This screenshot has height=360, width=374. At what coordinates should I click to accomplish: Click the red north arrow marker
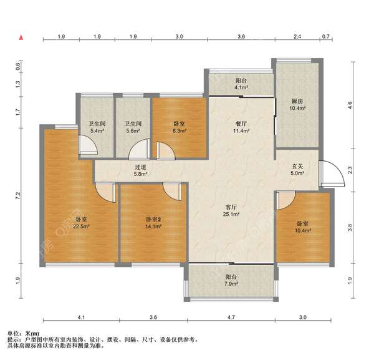21,37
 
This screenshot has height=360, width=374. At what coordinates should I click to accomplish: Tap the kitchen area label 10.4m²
297,108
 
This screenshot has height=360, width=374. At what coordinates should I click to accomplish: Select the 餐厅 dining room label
241,124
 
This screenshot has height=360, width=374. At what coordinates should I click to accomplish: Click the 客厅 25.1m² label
231,210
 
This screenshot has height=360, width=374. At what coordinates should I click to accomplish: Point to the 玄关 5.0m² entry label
297,170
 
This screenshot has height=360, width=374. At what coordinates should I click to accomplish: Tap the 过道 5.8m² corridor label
140,170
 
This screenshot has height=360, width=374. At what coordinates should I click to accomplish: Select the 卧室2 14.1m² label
153,223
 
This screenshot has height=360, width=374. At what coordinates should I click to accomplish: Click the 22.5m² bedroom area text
81,226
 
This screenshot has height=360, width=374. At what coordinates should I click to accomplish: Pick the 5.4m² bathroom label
97,131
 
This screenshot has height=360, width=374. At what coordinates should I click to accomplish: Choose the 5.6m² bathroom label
133,131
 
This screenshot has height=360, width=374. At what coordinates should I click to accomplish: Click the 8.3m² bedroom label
180,131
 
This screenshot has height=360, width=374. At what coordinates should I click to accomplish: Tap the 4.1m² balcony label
241,87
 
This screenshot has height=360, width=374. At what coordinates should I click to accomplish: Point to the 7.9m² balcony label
231,284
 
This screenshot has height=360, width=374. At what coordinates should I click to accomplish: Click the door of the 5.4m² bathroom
88,145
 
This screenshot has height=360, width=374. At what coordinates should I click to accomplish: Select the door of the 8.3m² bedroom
166,150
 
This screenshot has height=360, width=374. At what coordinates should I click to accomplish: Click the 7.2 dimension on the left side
18,196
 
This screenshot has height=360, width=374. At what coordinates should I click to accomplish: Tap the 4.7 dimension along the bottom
231,318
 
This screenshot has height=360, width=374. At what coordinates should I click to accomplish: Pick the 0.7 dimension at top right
325,37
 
